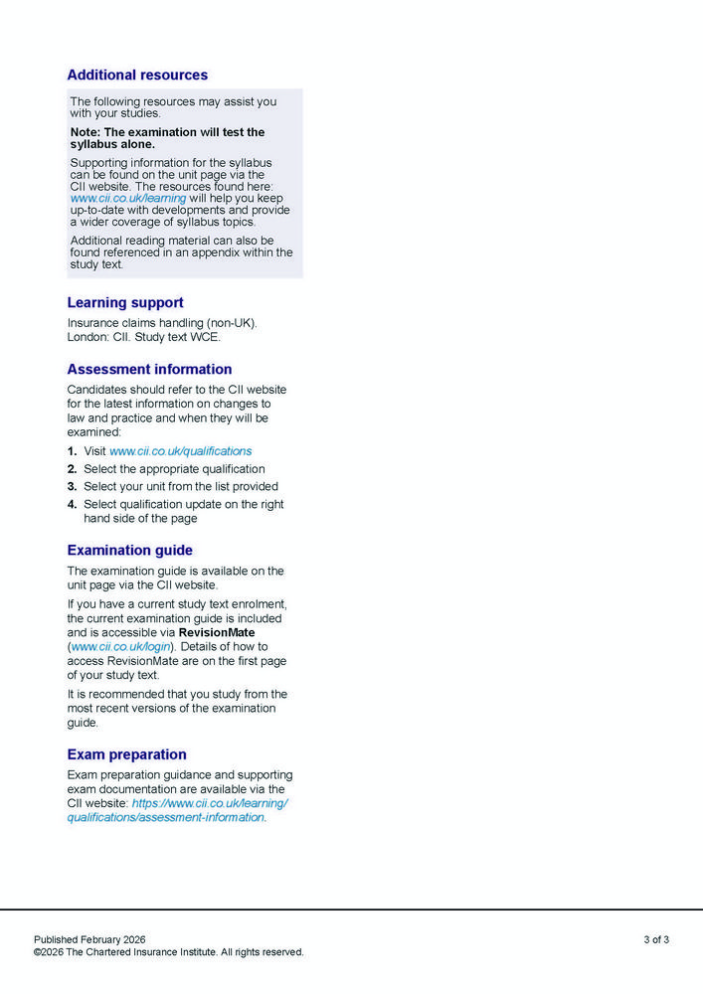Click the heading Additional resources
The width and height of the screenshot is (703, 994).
[x=137, y=75]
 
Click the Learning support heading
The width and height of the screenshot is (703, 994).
[x=125, y=302]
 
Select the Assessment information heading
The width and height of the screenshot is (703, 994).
[x=149, y=369]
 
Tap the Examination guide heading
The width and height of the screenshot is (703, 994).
[x=129, y=550]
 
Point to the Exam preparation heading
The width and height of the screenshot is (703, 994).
[x=126, y=753]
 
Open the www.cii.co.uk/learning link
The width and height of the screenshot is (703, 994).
[x=128, y=198]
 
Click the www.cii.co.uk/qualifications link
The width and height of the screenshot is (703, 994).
[x=180, y=450]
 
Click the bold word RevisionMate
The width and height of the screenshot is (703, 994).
[x=217, y=632]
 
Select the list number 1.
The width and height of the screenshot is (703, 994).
[x=72, y=451]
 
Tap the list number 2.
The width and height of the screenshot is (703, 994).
[x=72, y=469]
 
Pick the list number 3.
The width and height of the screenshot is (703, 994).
[x=72, y=487]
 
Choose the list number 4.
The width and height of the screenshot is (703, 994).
[x=72, y=505]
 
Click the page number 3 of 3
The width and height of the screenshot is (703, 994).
[x=655, y=939]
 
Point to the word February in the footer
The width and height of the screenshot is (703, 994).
[x=102, y=939]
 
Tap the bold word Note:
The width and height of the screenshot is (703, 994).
[x=85, y=132]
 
